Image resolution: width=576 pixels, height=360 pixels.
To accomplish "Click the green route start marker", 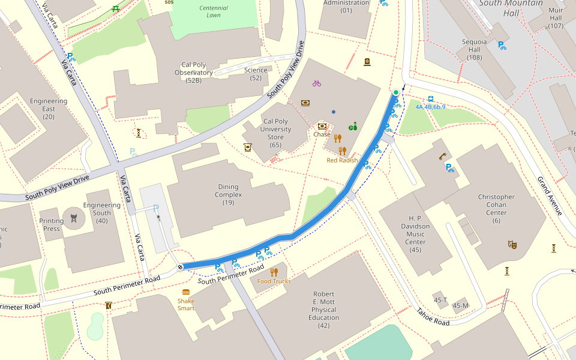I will coord(395,92).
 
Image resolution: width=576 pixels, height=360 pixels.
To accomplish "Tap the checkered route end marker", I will coord(180,267).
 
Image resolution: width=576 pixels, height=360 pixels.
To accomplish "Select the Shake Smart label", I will coord(186,305).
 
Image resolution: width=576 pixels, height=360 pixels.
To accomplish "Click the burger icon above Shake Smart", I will coord(186,292).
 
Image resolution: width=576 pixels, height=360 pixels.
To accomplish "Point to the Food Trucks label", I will coord(274,281).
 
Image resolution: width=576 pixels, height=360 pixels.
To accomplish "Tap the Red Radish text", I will coord(342,160).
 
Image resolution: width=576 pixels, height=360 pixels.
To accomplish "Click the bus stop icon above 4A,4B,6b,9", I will coord(430,99).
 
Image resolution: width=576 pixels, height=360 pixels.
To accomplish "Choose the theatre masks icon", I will coord(512,244).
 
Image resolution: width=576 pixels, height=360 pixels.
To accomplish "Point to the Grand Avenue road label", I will coord(550,196).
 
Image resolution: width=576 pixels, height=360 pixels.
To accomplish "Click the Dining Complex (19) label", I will coord(228,194).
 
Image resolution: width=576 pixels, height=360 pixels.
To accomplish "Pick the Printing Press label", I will coord(51,224).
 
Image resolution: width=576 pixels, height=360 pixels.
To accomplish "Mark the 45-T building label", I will coord(440,300).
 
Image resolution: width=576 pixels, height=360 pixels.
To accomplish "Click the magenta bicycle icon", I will coord(317,83).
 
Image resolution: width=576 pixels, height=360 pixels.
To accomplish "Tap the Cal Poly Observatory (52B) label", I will coord(193,73).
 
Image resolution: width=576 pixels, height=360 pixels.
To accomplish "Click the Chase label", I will coord(322,134).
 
